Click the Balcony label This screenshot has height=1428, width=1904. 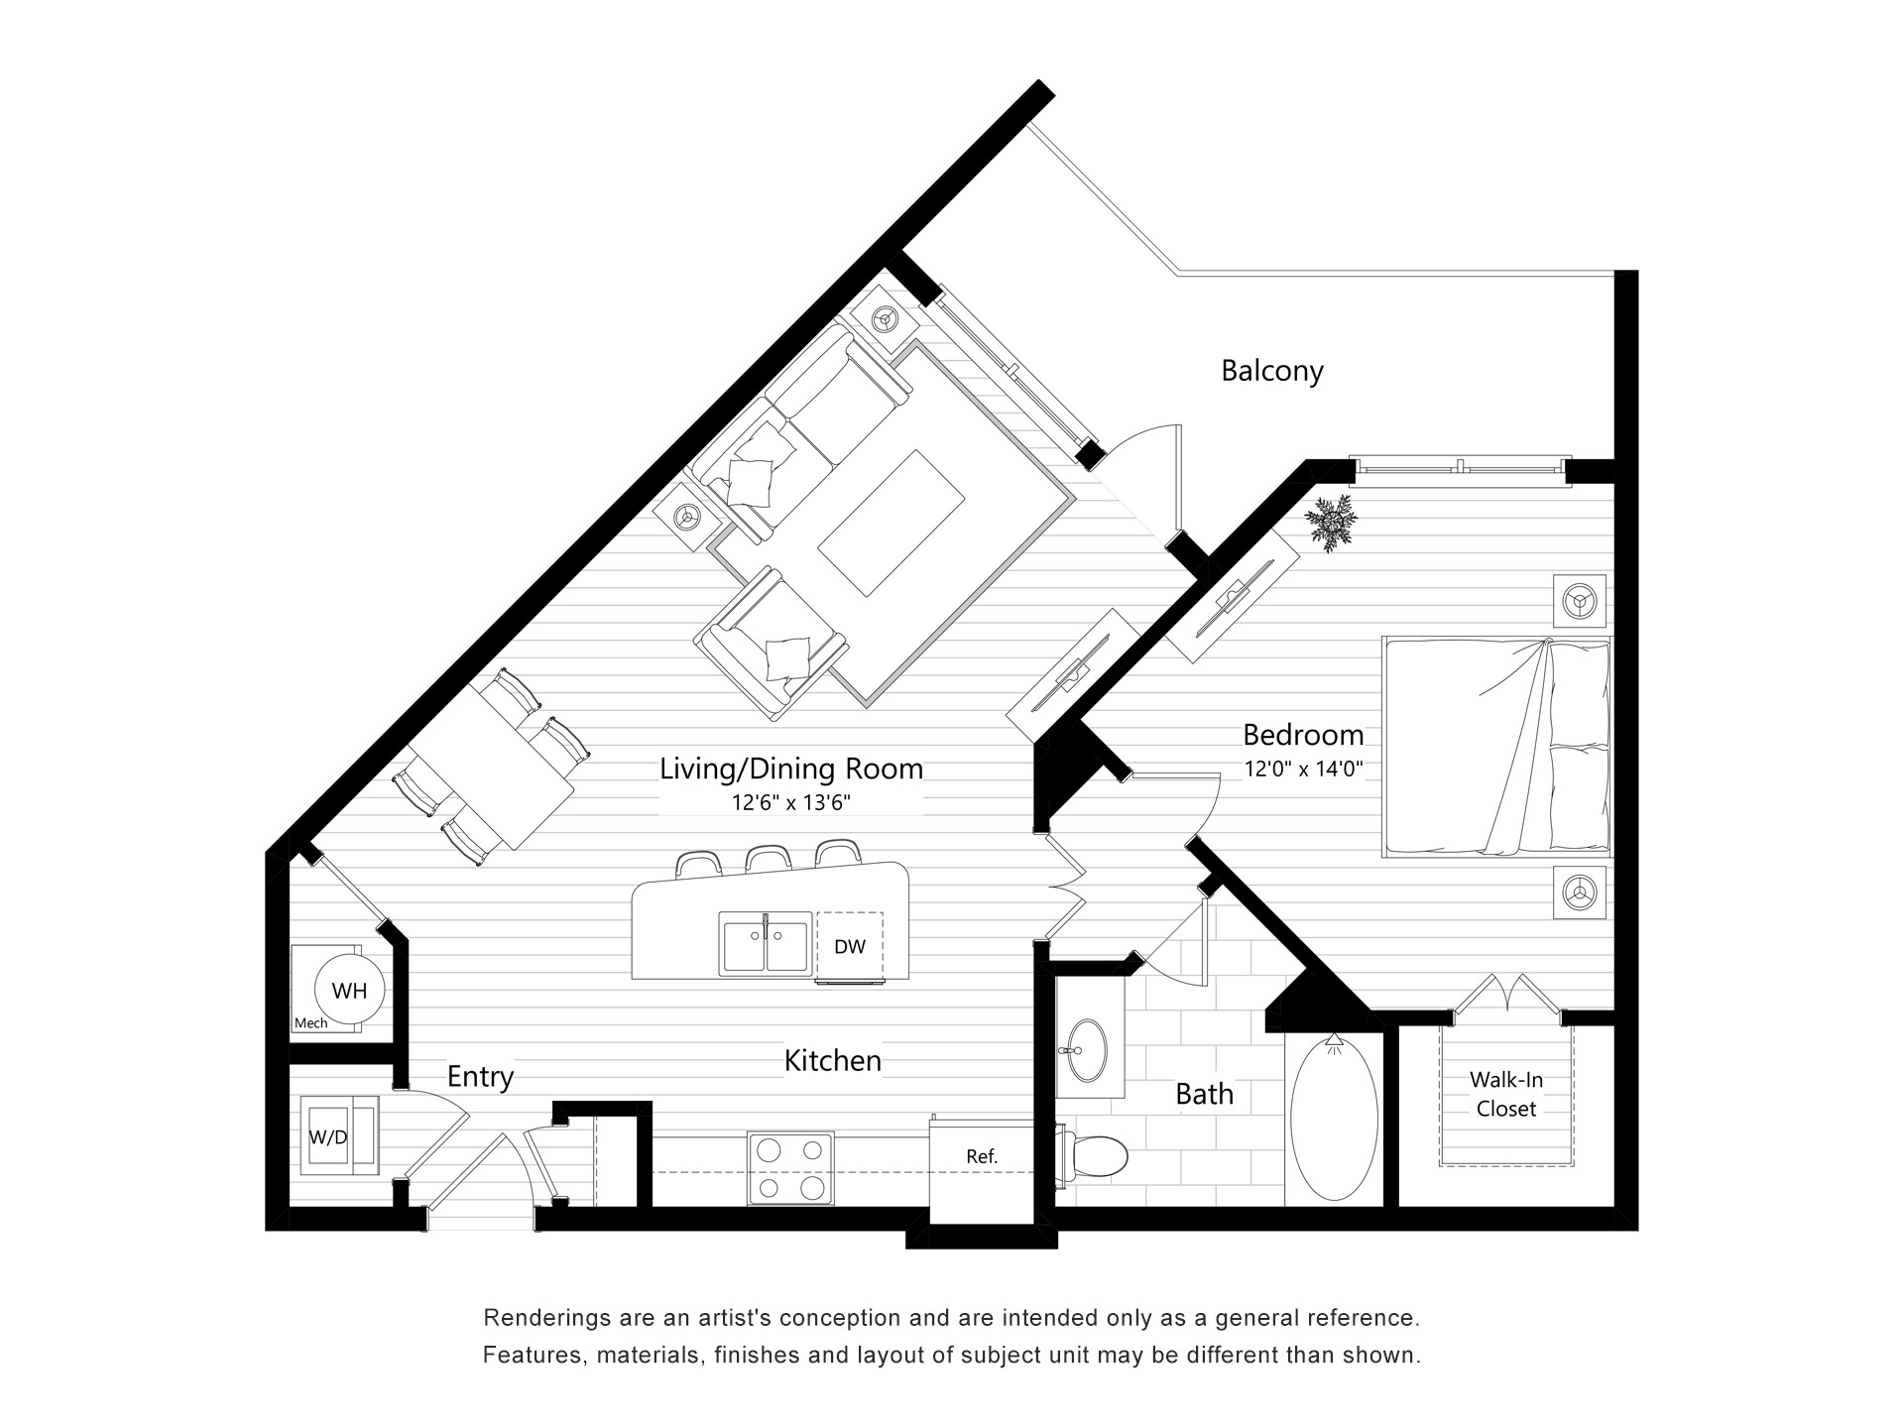coord(1271,371)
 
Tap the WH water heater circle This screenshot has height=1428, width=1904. coord(348,990)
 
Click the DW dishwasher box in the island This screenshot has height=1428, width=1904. coord(849,946)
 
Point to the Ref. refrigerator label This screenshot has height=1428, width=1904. coord(981,1156)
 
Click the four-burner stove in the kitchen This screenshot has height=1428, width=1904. coord(790,1169)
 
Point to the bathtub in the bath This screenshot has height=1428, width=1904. coord(1334,1121)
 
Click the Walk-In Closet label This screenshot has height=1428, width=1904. coord(1505,1094)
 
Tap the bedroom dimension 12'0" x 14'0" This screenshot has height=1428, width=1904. coord(1304,768)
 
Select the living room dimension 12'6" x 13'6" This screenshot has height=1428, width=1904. coord(790,802)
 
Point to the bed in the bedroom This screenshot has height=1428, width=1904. coord(1495,747)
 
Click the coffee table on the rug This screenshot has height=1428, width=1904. coord(891,523)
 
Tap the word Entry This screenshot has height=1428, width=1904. coord(480,1076)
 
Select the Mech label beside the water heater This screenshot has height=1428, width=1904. coord(310,1022)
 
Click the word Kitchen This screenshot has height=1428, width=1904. coord(832,1060)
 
